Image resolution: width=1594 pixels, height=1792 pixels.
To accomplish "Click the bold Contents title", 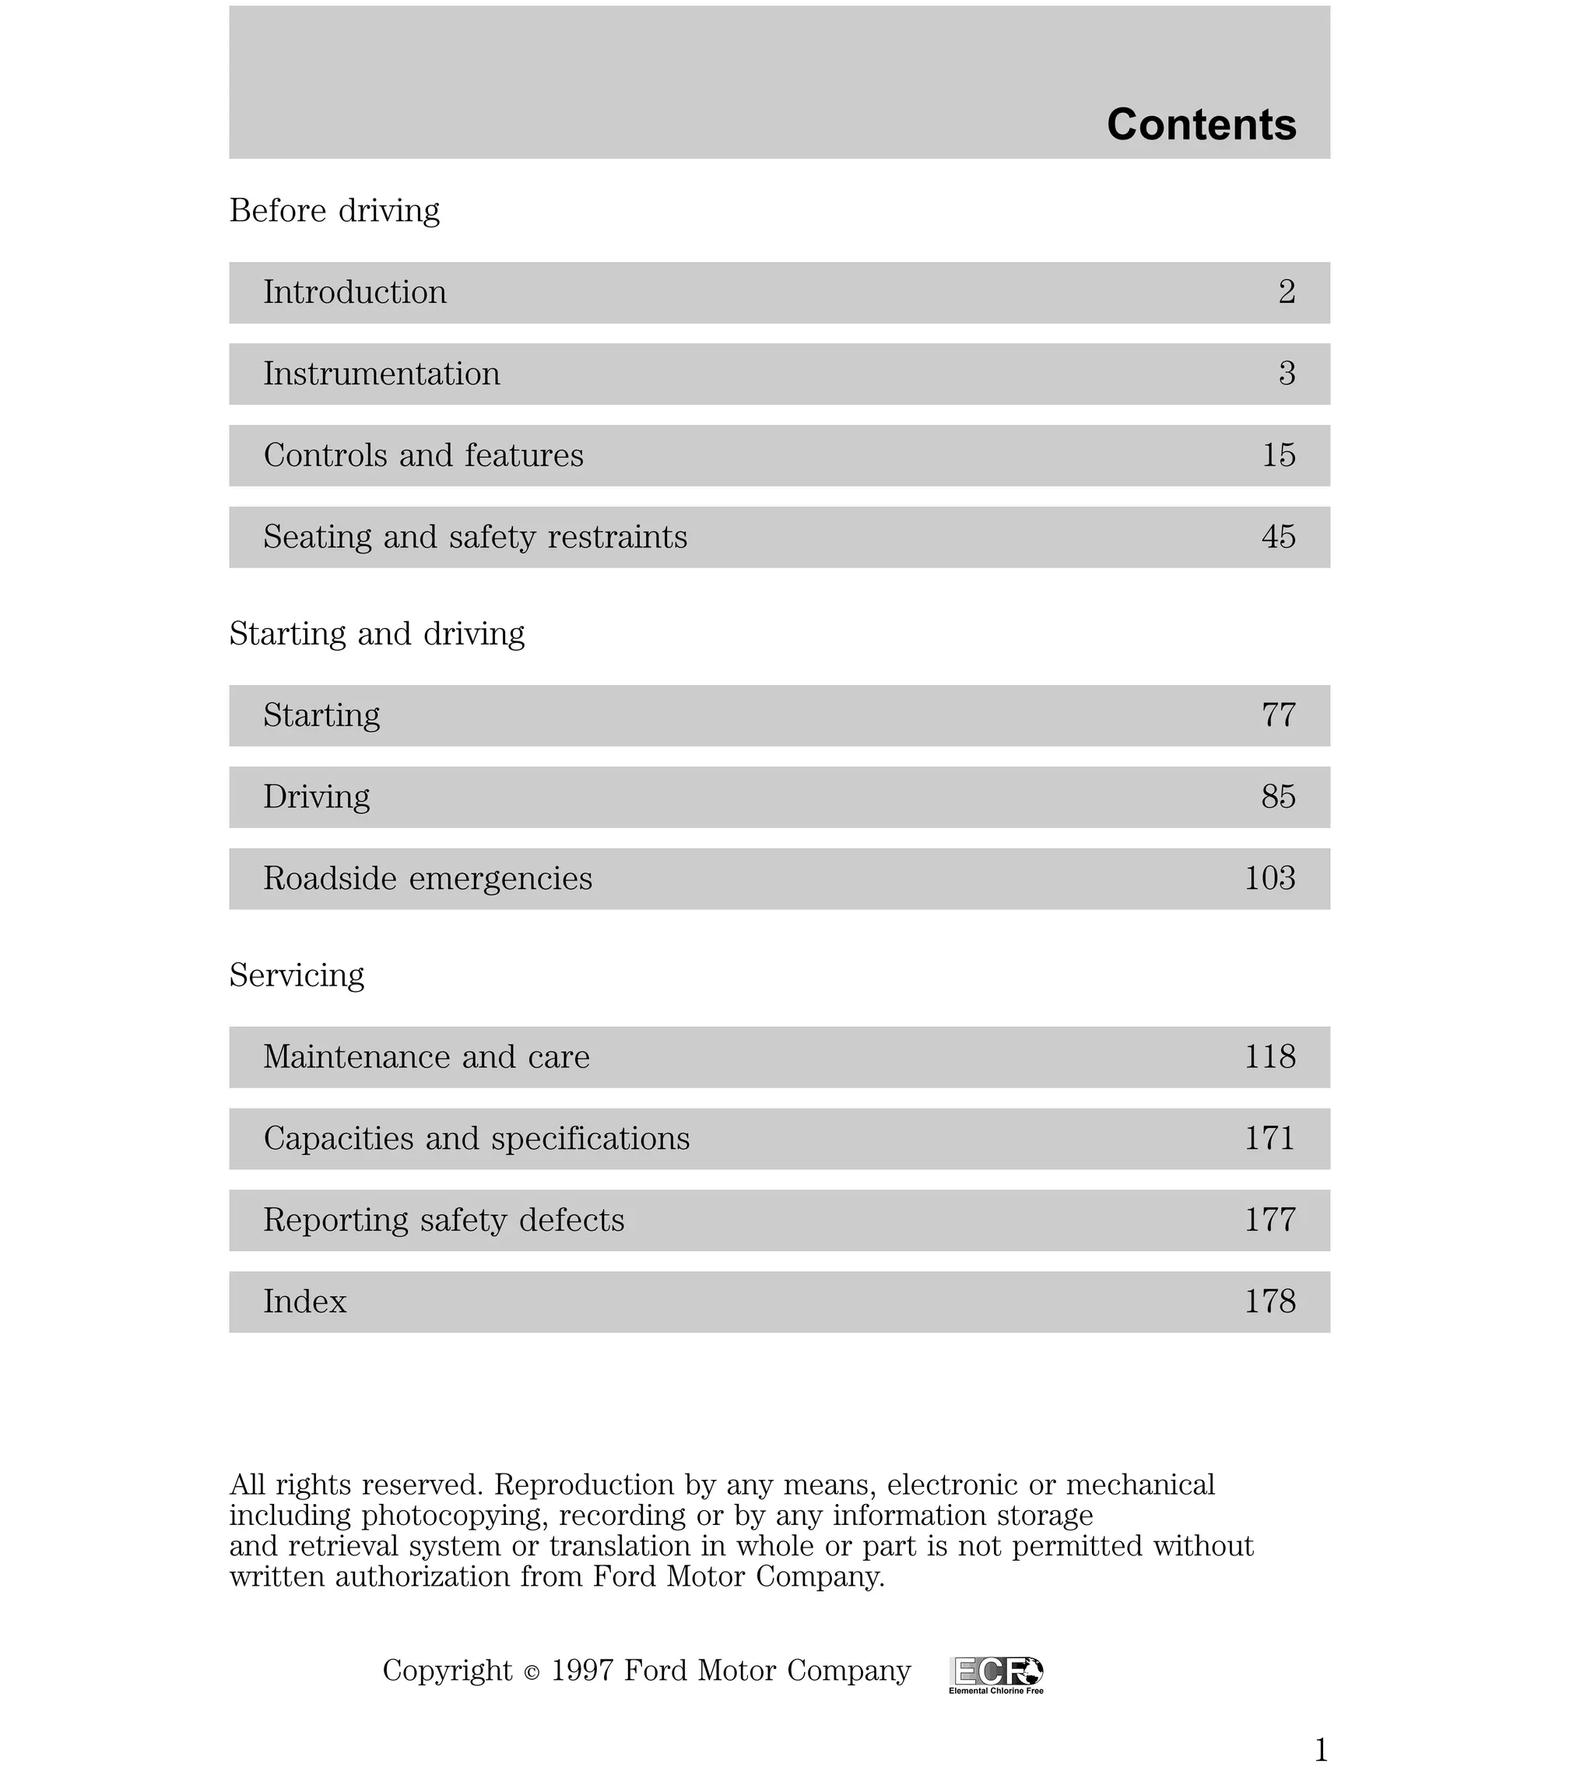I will coord(1200,125).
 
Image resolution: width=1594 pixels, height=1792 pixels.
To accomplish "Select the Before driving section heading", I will coord(334,211).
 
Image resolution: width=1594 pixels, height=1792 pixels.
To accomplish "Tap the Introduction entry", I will coord(355,293).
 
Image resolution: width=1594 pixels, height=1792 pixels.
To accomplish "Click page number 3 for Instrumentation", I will coord(1287,374).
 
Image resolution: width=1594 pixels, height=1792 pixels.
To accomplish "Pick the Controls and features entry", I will coord(423,456).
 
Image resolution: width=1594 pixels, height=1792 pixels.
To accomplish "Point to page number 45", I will coord(1278,537).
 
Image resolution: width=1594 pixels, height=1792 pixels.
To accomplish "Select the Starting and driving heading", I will coord(377,634).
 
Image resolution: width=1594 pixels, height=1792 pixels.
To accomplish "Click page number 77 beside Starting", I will coord(1278,715).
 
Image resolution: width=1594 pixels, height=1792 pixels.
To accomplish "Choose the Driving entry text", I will coord(317,797).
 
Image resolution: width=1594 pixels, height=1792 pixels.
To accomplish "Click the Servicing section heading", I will coord(297,975).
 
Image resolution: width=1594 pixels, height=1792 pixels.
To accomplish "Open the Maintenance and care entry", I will coord(426,1057).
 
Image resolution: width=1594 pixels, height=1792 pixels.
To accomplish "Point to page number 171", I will coord(1269,1139).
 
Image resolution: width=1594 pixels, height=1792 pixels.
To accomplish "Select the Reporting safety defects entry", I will coord(444,1221).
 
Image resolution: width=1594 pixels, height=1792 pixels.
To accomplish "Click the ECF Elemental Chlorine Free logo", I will coord(996,1674).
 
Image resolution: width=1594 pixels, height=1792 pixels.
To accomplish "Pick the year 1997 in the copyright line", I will coord(583,1671).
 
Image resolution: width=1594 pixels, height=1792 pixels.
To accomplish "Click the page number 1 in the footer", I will coord(1322,1751).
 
